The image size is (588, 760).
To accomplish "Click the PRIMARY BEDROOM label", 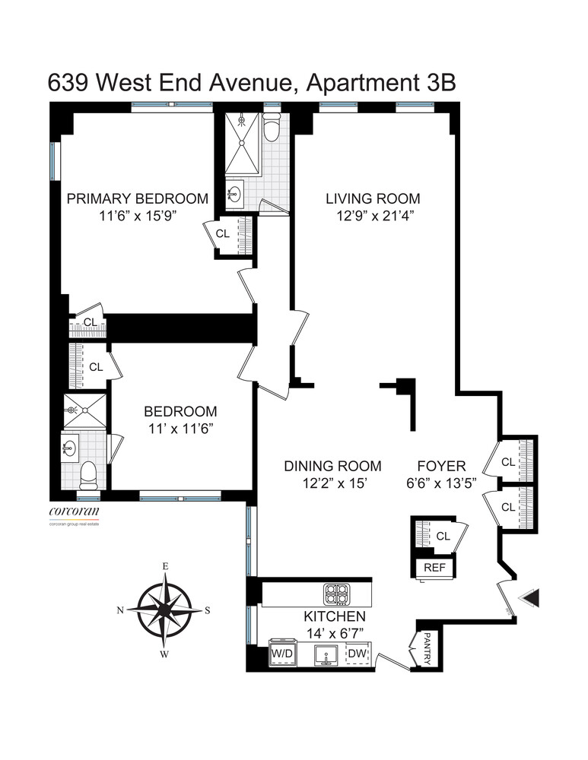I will (138, 198).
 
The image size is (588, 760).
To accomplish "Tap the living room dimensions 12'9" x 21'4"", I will (373, 215).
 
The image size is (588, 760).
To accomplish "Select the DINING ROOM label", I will (332, 466).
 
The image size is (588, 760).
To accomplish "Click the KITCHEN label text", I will (335, 616).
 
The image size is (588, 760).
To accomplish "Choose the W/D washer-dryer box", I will (281, 654).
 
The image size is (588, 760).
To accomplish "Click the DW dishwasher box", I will (357, 654).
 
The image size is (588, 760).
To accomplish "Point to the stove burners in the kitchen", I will (335, 593).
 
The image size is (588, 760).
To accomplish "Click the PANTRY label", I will (426, 648).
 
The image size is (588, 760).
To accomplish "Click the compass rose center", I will (164, 610).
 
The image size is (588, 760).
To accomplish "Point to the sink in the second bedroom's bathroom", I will (72, 448).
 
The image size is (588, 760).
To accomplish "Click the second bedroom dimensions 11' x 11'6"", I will (180, 428).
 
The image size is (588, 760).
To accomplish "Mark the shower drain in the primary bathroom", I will (241, 119).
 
